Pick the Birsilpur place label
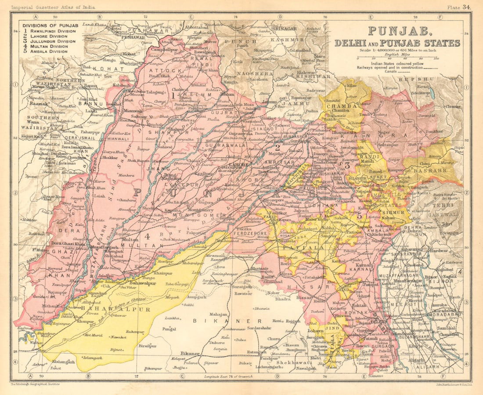(147, 346)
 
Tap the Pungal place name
(169, 328)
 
